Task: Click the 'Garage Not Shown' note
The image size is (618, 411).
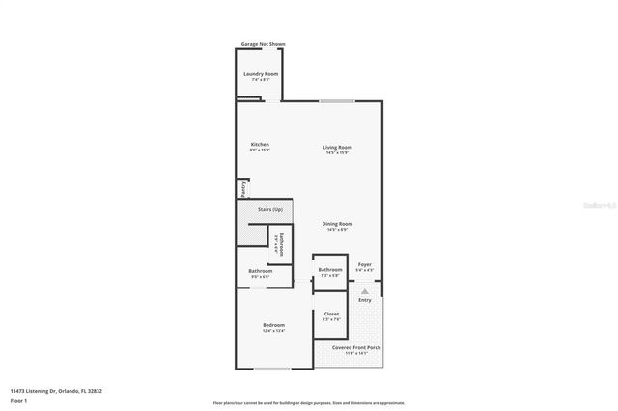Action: tap(263, 44)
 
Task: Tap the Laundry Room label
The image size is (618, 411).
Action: tap(260, 73)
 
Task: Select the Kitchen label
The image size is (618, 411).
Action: tap(260, 144)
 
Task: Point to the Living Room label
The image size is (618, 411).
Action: tap(337, 146)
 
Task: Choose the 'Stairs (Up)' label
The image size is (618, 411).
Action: tap(270, 209)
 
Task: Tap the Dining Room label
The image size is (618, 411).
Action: tap(337, 224)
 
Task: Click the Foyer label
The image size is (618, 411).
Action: tap(364, 264)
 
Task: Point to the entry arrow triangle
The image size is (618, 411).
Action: tap(364, 289)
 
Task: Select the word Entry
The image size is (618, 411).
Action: tap(364, 300)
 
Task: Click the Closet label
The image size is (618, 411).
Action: tap(331, 315)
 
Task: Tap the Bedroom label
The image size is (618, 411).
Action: tap(273, 325)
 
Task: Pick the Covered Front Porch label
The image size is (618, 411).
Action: tap(356, 347)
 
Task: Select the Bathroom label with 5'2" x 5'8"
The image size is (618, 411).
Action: tap(330, 270)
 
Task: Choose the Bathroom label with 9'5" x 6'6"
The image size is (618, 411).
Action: tap(260, 271)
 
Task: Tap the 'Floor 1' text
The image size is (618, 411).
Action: tap(19, 399)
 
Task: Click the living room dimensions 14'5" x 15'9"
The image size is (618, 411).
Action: tap(337, 152)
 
